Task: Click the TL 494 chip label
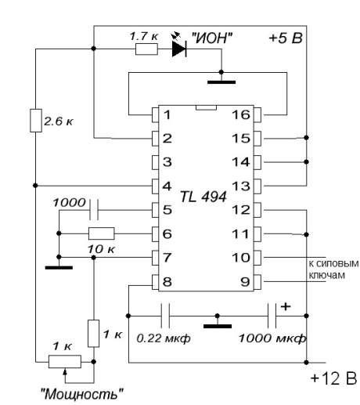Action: [203, 197]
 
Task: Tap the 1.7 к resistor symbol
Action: [146, 49]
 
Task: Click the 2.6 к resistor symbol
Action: [36, 121]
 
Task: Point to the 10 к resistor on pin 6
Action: [101, 233]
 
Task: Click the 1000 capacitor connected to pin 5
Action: [94, 210]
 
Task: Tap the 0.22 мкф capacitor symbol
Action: [165, 316]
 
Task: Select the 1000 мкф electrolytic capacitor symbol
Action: [272, 316]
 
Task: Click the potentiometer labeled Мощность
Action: [65, 362]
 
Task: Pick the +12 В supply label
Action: [333, 378]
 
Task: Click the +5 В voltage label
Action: [286, 38]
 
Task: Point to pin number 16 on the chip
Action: [241, 114]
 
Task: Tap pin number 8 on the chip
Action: [167, 281]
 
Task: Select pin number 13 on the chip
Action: [241, 186]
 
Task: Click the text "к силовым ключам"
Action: [333, 269]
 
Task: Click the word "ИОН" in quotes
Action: [211, 38]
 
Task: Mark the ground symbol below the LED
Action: [221, 82]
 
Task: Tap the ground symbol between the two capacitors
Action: [218, 326]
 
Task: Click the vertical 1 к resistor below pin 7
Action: [93, 334]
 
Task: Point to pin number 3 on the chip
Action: [167, 162]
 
